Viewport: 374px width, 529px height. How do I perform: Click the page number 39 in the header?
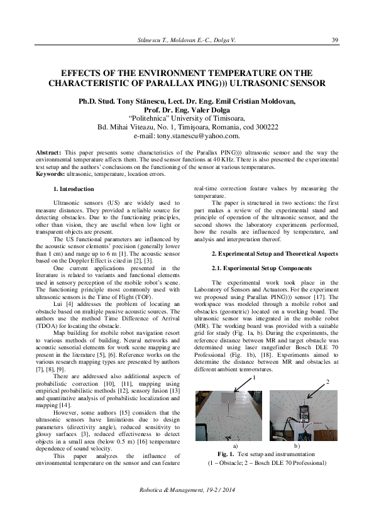[334, 40]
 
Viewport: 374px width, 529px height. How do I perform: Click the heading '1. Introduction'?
[74, 189]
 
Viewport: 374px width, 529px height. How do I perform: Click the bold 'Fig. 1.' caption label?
[226, 454]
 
